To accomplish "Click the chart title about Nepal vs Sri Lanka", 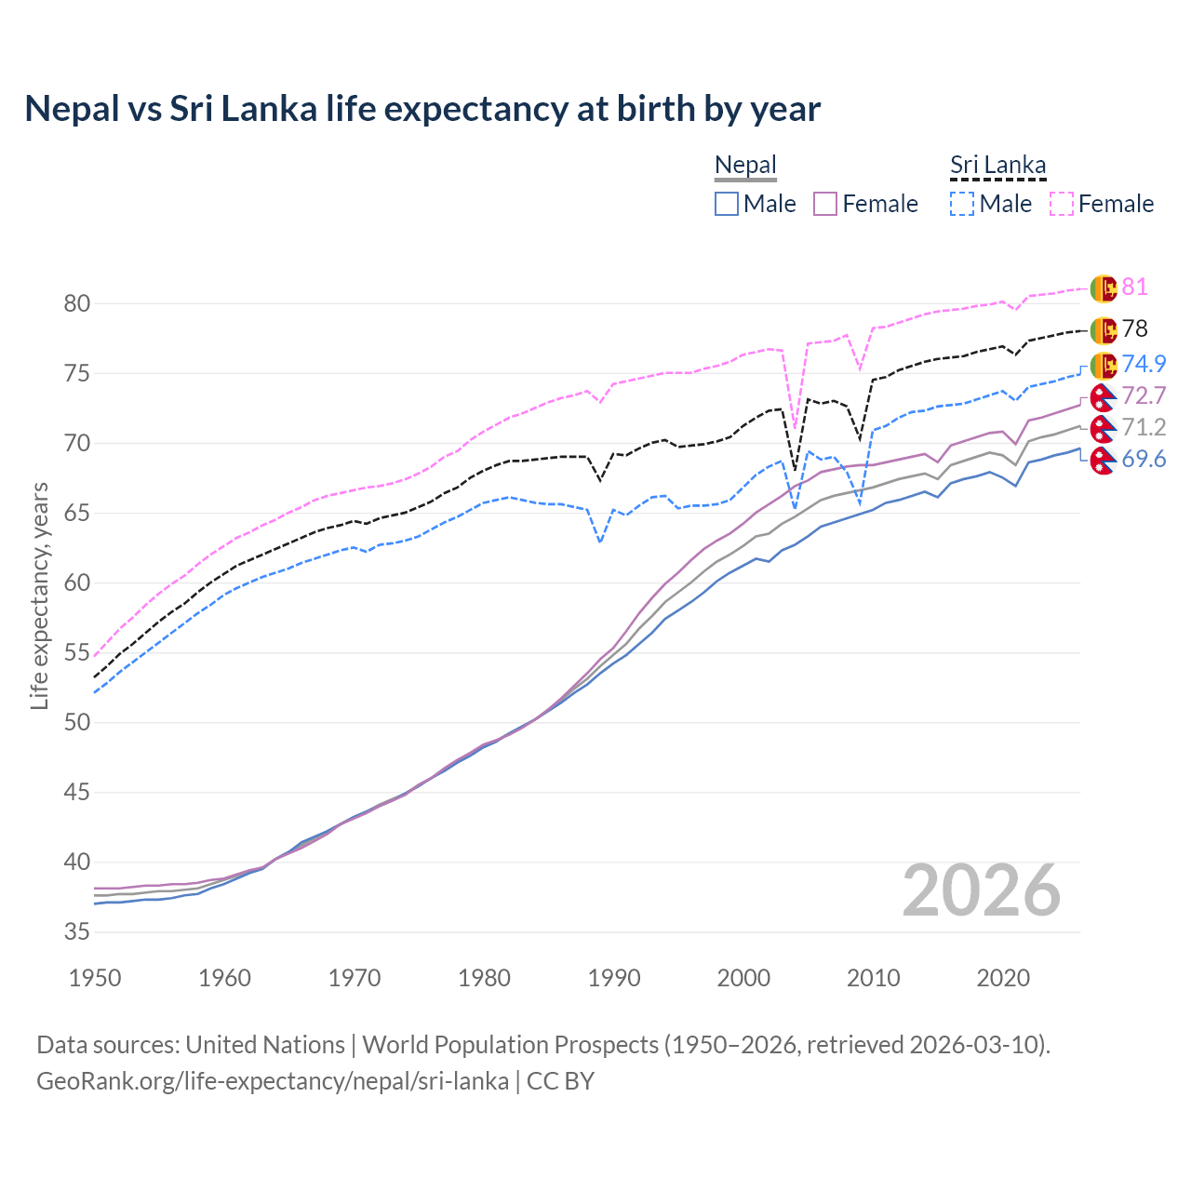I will pyautogui.click(x=422, y=109).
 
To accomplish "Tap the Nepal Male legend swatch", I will pyautogui.click(x=727, y=204).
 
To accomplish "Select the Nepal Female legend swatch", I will pyautogui.click(x=825, y=204).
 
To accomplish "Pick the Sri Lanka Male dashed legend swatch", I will pyautogui.click(x=962, y=204).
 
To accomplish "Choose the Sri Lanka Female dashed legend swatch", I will pyautogui.click(x=1062, y=204).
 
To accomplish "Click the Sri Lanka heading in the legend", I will pyautogui.click(x=997, y=166).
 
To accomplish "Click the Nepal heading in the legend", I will pyautogui.click(x=745, y=166).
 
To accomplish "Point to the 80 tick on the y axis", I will pyautogui.click(x=77, y=303).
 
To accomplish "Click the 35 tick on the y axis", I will pyautogui.click(x=77, y=932).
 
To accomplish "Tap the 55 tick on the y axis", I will pyautogui.click(x=77, y=653).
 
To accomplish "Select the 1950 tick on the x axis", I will pyautogui.click(x=96, y=978).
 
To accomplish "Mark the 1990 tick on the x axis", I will pyautogui.click(x=614, y=978).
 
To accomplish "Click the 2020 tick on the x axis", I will pyautogui.click(x=1003, y=978).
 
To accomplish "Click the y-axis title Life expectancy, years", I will pyautogui.click(x=39, y=595).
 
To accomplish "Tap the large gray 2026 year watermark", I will pyautogui.click(x=982, y=890).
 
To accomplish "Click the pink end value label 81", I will pyautogui.click(x=1134, y=287).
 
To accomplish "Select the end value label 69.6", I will pyautogui.click(x=1144, y=459).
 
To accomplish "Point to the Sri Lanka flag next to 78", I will pyautogui.click(x=1104, y=329).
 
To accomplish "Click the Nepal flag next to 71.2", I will pyautogui.click(x=1104, y=429).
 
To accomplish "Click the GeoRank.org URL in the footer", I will pyautogui.click(x=273, y=1081).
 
